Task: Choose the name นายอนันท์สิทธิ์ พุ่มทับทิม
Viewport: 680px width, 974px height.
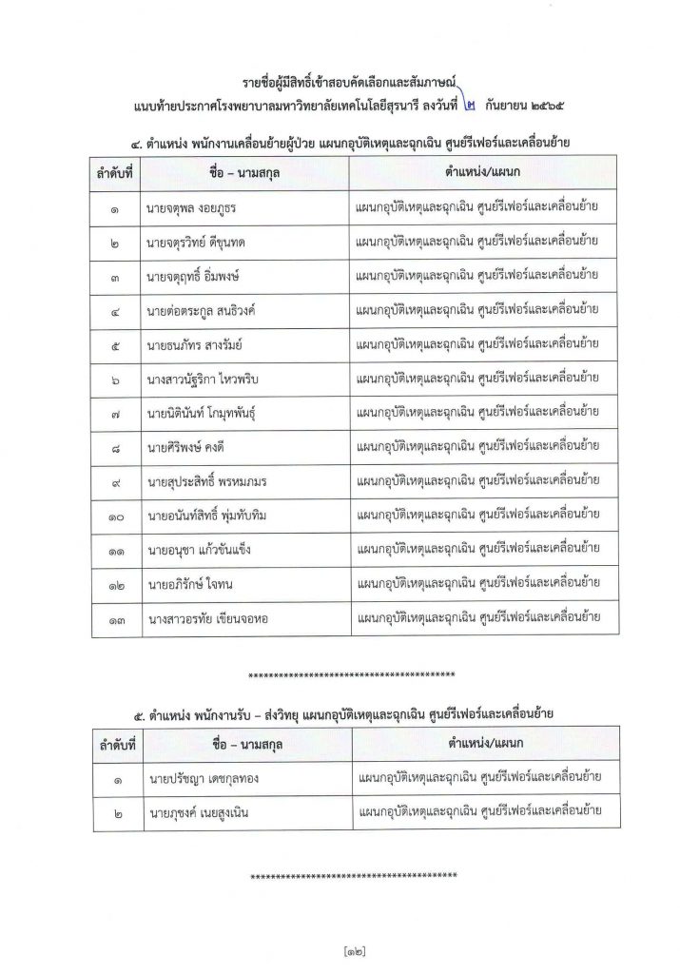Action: click(214, 515)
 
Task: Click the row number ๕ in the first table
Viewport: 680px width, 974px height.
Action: click(114, 344)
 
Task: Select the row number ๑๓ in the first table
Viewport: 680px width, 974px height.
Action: click(114, 617)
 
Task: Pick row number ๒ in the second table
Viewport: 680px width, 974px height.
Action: click(114, 813)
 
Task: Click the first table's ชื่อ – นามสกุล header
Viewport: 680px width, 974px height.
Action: click(244, 174)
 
